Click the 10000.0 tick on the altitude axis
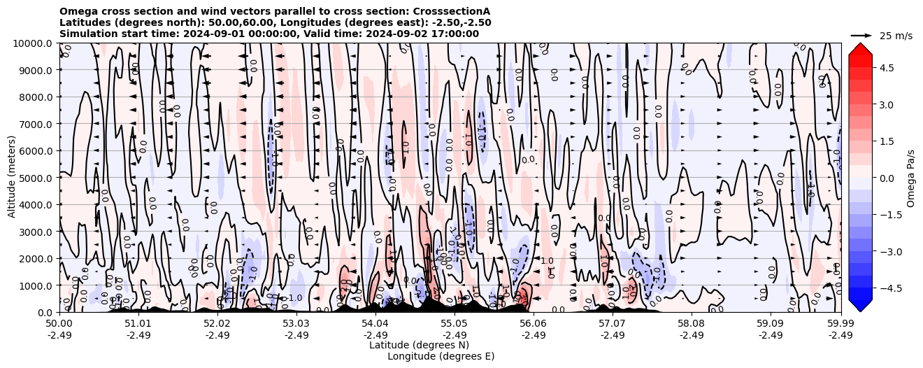34,43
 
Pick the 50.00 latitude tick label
59,324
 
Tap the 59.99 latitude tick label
840,324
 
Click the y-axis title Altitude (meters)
12,178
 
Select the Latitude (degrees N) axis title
419,345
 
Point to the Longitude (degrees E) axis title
441,356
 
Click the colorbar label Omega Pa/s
910,178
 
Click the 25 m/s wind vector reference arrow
861,35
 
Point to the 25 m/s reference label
896,36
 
